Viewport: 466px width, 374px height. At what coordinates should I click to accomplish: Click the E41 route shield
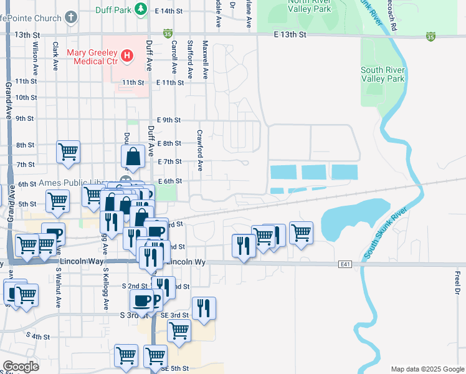pyautogui.click(x=346, y=264)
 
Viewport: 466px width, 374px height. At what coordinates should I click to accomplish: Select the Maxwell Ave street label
pyautogui.click(x=205, y=60)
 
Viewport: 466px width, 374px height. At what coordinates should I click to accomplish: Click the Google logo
pyautogui.click(x=21, y=367)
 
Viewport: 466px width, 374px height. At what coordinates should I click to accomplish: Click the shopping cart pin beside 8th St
pyautogui.click(x=68, y=151)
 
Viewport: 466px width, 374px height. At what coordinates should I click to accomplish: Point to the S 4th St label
pyautogui.click(x=38, y=336)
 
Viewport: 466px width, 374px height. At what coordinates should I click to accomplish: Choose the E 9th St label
pyautogui.click(x=169, y=120)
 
